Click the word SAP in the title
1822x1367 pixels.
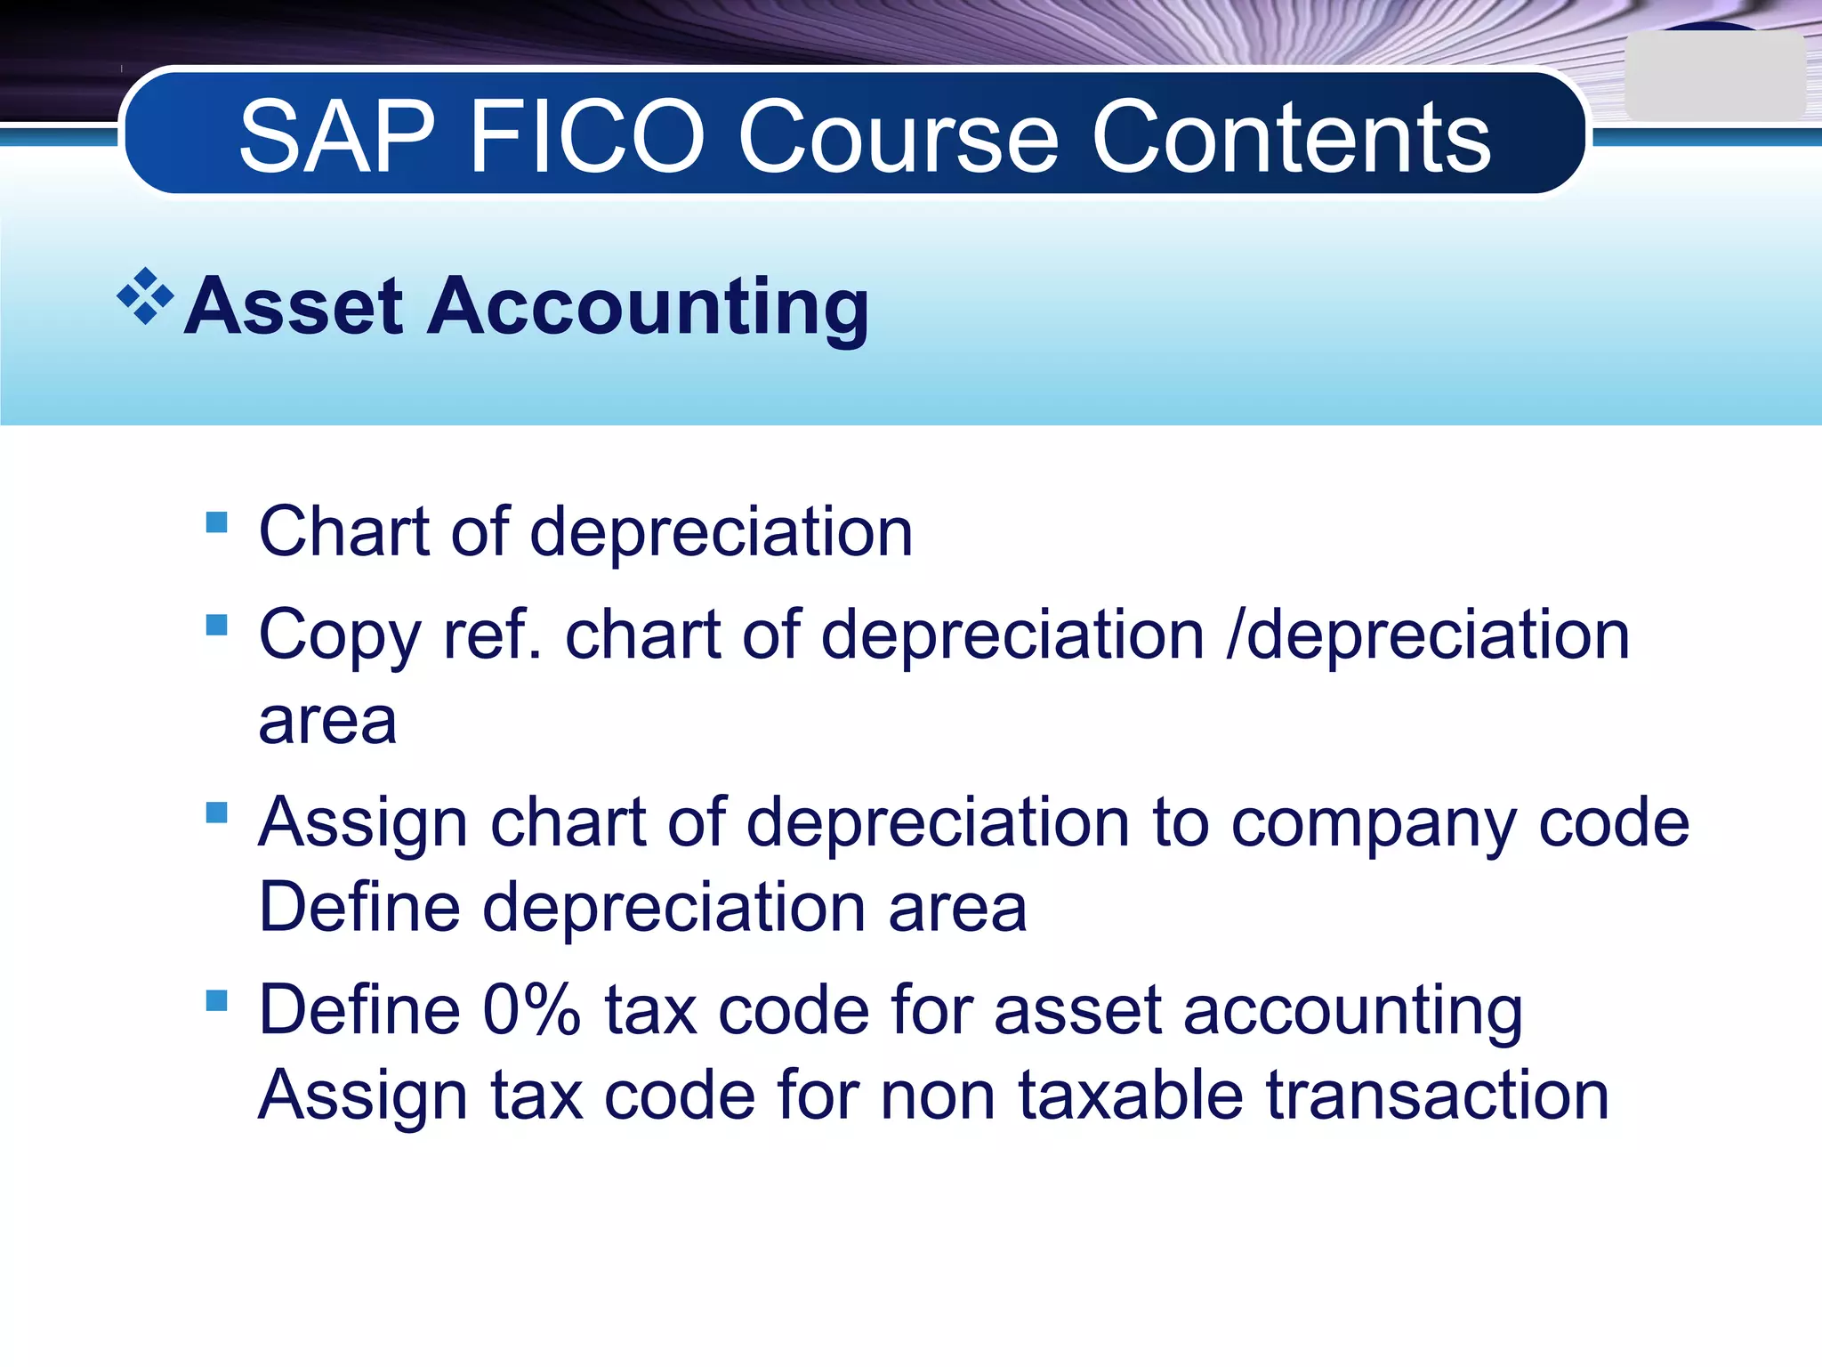[x=337, y=138]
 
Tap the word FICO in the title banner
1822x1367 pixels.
[x=586, y=138]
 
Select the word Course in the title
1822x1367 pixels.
[x=899, y=138]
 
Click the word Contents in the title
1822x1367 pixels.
[x=1291, y=138]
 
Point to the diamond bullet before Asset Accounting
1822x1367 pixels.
[x=145, y=296]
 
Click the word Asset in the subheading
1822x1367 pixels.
[x=294, y=307]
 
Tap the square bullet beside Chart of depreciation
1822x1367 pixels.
[x=216, y=522]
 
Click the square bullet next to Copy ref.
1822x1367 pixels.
[x=216, y=625]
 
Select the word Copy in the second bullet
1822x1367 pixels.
[x=339, y=636]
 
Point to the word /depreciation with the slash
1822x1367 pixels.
[x=1428, y=636]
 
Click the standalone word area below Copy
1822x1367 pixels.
[x=327, y=721]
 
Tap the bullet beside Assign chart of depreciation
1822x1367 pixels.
[x=216, y=813]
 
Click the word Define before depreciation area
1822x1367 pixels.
[x=359, y=908]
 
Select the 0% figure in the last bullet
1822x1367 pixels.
[x=531, y=1011]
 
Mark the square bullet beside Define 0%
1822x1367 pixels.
[x=216, y=1000]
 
